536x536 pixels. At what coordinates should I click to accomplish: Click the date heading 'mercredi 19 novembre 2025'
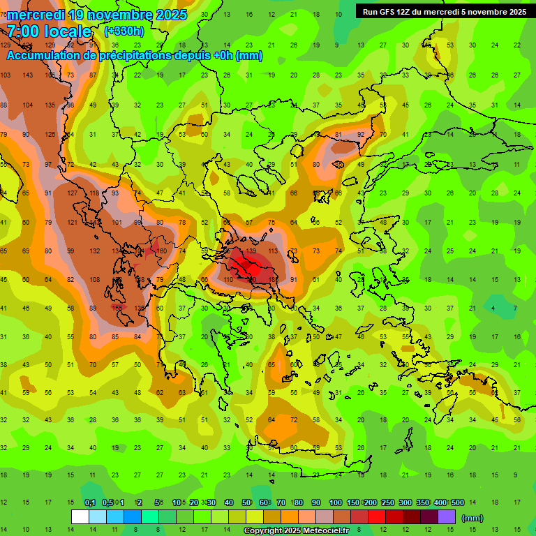[x=97, y=15]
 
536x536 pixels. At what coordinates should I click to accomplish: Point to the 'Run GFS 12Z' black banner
[x=445, y=11]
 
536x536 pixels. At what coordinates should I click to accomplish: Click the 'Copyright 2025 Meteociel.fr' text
[x=297, y=531]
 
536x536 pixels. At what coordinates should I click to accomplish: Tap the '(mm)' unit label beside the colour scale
[x=472, y=518]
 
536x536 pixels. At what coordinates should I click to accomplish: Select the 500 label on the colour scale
[x=457, y=502]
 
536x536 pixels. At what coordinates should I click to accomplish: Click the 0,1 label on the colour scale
[x=90, y=502]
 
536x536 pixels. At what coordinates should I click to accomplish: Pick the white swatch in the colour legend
[x=80, y=517]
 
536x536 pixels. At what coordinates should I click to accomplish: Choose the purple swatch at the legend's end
[x=447, y=517]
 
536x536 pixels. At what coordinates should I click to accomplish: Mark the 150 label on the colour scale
[x=353, y=502]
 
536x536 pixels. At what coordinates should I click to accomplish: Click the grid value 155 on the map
[x=117, y=308]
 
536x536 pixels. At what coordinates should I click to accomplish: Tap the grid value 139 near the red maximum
[x=251, y=251]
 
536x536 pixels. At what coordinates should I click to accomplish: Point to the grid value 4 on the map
[x=493, y=308]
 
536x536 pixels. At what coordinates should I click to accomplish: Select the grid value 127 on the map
[x=73, y=193]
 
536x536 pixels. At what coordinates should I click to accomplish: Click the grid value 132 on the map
[x=94, y=251]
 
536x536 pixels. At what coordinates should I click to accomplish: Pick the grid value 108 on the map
[x=94, y=279]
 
